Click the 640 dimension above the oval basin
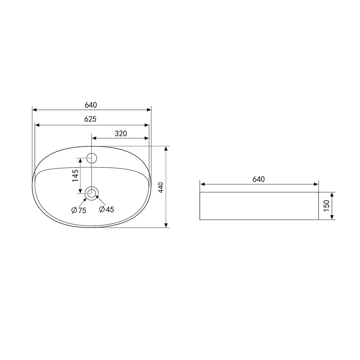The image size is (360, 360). point(91,105)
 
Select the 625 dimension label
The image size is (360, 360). point(90,119)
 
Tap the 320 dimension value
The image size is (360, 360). point(121,134)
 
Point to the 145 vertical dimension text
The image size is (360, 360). point(76,176)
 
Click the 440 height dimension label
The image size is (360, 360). point(161,187)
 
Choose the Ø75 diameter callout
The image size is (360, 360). point(79,210)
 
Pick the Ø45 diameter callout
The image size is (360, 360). point(107,209)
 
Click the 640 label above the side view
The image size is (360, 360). point(259,179)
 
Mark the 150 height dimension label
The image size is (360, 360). point(327,206)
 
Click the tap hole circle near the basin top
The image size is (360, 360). point(91,158)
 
